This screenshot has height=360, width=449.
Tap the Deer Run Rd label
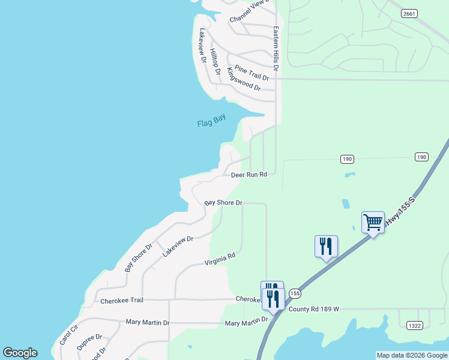tap(249, 175)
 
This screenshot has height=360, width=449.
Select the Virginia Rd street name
tap(220, 259)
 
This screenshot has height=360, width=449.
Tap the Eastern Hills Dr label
tap(276, 49)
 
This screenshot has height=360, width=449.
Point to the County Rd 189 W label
tap(314, 309)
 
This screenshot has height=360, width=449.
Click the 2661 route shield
tap(409, 14)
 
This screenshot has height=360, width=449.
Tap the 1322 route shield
tap(414, 325)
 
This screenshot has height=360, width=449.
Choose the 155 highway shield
tap(294, 293)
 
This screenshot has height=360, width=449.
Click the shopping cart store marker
tap(373, 223)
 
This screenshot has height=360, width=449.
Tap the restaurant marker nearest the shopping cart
tap(326, 247)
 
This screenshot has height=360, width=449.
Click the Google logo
tap(20, 353)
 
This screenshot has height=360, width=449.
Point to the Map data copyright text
tap(412, 355)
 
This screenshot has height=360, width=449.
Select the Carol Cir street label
tap(69, 335)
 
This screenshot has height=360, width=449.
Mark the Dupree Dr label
tap(89, 342)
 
